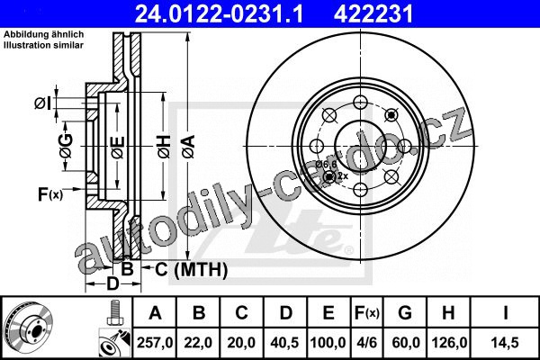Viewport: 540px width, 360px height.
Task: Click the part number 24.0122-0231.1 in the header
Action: (x=220, y=14)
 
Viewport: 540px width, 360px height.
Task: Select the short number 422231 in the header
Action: (x=373, y=14)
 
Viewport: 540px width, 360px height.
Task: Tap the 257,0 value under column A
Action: (x=155, y=343)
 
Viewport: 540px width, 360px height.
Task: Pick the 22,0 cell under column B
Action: (x=198, y=343)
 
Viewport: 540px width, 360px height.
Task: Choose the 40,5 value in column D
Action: (x=284, y=343)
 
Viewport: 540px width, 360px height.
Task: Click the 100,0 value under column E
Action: (x=328, y=343)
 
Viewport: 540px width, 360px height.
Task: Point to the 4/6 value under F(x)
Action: (x=366, y=343)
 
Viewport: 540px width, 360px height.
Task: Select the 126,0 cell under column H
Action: (x=448, y=343)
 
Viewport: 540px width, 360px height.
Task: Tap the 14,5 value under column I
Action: (x=505, y=343)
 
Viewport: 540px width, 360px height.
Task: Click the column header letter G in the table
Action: (x=405, y=313)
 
